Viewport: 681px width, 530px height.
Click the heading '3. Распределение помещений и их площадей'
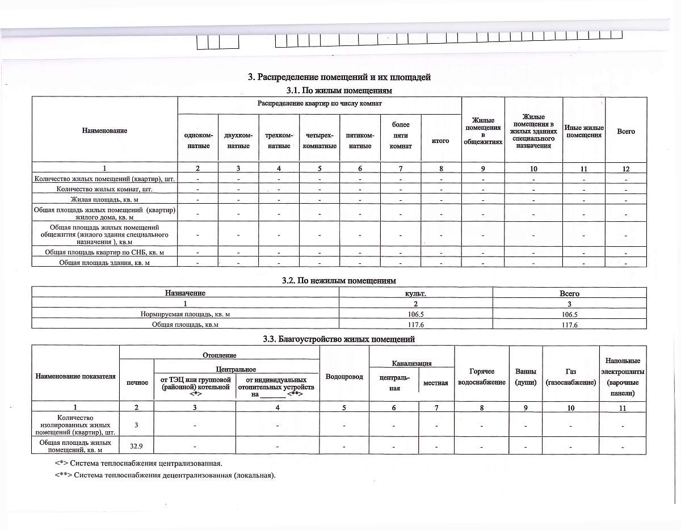tap(339, 77)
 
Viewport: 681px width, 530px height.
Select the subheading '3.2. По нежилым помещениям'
tap(339, 280)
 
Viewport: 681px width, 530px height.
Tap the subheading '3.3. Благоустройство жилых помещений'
tap(339, 339)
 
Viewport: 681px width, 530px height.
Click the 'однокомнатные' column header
tap(197, 141)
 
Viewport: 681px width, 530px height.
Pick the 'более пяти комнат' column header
tap(401, 136)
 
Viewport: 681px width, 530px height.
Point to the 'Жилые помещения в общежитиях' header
tap(483, 131)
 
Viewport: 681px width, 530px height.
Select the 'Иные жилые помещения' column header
tap(584, 132)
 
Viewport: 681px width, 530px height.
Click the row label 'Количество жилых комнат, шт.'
tap(104, 189)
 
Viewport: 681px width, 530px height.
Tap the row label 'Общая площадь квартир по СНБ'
tap(104, 252)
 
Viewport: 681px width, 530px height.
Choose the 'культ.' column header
tap(415, 293)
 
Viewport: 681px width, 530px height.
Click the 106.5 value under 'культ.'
tap(415, 314)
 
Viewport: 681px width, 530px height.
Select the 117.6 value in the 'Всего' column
tap(569, 325)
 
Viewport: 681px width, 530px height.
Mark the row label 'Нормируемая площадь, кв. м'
tap(185, 314)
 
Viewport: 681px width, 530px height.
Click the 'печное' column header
tap(137, 382)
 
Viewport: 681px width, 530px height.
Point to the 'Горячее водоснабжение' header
tap(482, 377)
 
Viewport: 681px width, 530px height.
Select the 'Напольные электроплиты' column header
tap(623, 377)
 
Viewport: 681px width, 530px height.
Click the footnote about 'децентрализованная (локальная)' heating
tap(165, 475)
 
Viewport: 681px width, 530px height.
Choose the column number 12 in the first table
tap(625, 169)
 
